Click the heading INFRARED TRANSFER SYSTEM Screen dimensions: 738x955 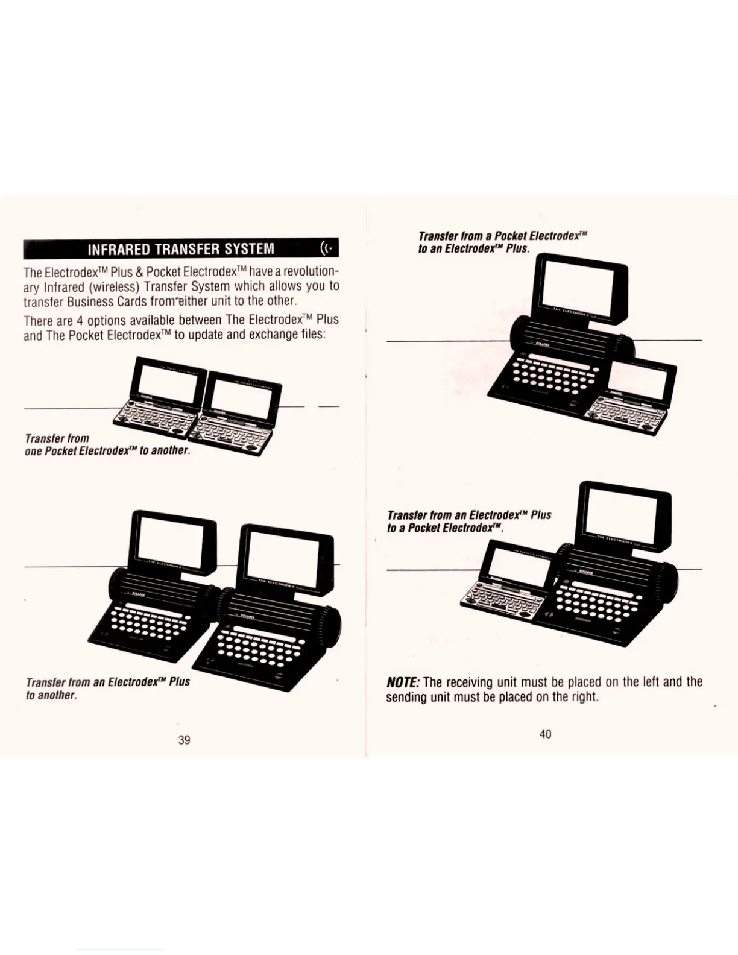[180, 249]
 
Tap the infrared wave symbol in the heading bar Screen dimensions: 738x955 [326, 248]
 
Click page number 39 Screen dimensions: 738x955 [184, 739]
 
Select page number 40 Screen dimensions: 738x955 [545, 733]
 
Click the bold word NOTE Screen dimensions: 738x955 [403, 682]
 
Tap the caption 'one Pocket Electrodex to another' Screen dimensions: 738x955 [108, 451]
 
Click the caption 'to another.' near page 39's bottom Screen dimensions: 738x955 [51, 695]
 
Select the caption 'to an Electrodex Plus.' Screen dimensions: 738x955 [473, 248]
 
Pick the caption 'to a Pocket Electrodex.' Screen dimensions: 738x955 [445, 528]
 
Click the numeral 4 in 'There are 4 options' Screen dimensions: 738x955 [80, 320]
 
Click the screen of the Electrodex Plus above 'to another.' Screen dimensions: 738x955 [169, 541]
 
